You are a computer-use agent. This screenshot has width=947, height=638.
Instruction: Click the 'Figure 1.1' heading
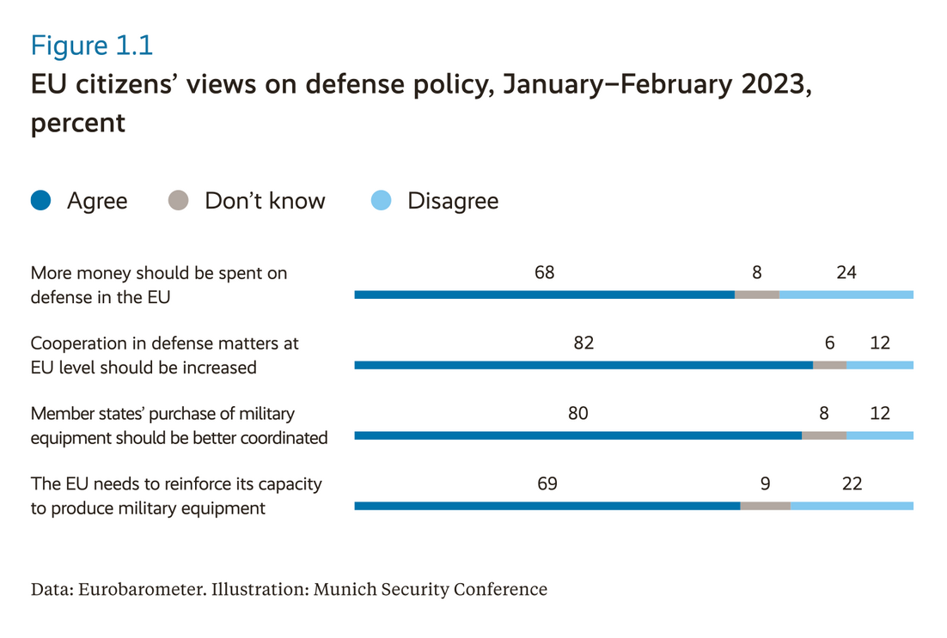coord(92,45)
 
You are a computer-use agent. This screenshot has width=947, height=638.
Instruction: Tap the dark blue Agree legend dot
coord(41,201)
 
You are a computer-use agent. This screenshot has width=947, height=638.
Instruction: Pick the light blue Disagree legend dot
coord(381,201)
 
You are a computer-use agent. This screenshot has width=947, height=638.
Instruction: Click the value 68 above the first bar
coord(544,273)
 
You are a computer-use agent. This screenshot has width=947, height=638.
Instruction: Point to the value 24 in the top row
coord(846,273)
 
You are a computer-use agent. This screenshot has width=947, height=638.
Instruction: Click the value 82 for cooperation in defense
coord(583,343)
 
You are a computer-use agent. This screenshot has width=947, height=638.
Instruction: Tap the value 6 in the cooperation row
coord(829,343)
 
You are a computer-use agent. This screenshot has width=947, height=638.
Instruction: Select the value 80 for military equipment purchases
coord(577,414)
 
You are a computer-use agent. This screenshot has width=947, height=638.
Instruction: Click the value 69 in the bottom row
coord(547,484)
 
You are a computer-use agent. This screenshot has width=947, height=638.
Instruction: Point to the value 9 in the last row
coord(765,484)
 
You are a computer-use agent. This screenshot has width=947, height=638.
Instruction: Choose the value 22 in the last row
coord(852,484)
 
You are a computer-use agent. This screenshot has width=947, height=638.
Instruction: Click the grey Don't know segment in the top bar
coord(757,295)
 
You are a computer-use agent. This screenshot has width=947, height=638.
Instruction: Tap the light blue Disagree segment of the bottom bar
coord(852,506)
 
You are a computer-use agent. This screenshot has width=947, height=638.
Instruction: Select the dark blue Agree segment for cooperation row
coord(583,365)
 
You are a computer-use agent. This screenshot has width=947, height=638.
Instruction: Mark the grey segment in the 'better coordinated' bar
coord(824,435)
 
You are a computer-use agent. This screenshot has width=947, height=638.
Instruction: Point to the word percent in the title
coord(78,122)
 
